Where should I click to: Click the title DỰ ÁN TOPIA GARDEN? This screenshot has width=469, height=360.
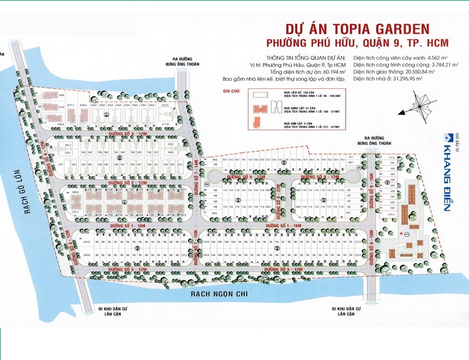coord(356,28)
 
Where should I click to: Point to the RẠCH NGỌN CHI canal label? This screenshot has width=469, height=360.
coord(219,294)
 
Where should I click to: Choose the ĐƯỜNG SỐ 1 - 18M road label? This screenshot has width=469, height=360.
coord(131,225)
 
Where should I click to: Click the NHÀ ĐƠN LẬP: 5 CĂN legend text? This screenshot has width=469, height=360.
coord(299,124)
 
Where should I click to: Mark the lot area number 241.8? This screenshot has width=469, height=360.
coord(86,242)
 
